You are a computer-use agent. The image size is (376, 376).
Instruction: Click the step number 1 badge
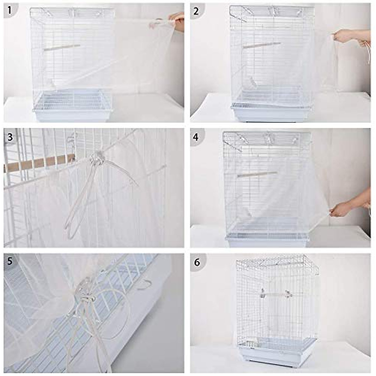coord(9,10)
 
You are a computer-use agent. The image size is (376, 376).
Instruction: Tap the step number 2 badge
coord(196,11)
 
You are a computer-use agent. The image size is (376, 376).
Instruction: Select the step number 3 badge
coord(10,137)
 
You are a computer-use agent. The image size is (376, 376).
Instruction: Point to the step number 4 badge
coord(196,137)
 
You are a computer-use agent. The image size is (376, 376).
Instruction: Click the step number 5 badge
coord(10,261)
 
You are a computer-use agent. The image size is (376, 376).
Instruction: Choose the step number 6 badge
coord(197,262)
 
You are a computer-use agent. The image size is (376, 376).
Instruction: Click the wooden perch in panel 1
coord(62,47)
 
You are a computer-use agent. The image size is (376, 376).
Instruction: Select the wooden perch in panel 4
coord(257,174)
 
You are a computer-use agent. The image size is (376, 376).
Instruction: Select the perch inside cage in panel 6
coord(276,294)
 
